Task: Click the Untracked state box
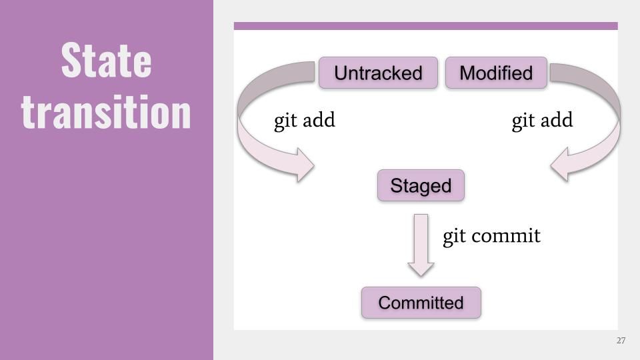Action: [378, 73]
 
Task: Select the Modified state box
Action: [496, 73]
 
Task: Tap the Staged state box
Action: [421, 185]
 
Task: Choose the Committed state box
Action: [421, 303]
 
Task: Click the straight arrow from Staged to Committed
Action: [421, 245]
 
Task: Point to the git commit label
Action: [491, 236]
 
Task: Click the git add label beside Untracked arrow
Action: [305, 121]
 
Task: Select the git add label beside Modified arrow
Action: [542, 121]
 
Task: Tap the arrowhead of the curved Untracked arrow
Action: [305, 165]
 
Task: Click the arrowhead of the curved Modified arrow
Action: [559, 165]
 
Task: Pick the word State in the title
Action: [106, 60]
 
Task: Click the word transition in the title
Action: [106, 111]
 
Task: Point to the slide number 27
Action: [621, 341]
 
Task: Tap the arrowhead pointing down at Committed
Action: [421, 269]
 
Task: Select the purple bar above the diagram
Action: [426, 26]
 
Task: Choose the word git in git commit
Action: [454, 237]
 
